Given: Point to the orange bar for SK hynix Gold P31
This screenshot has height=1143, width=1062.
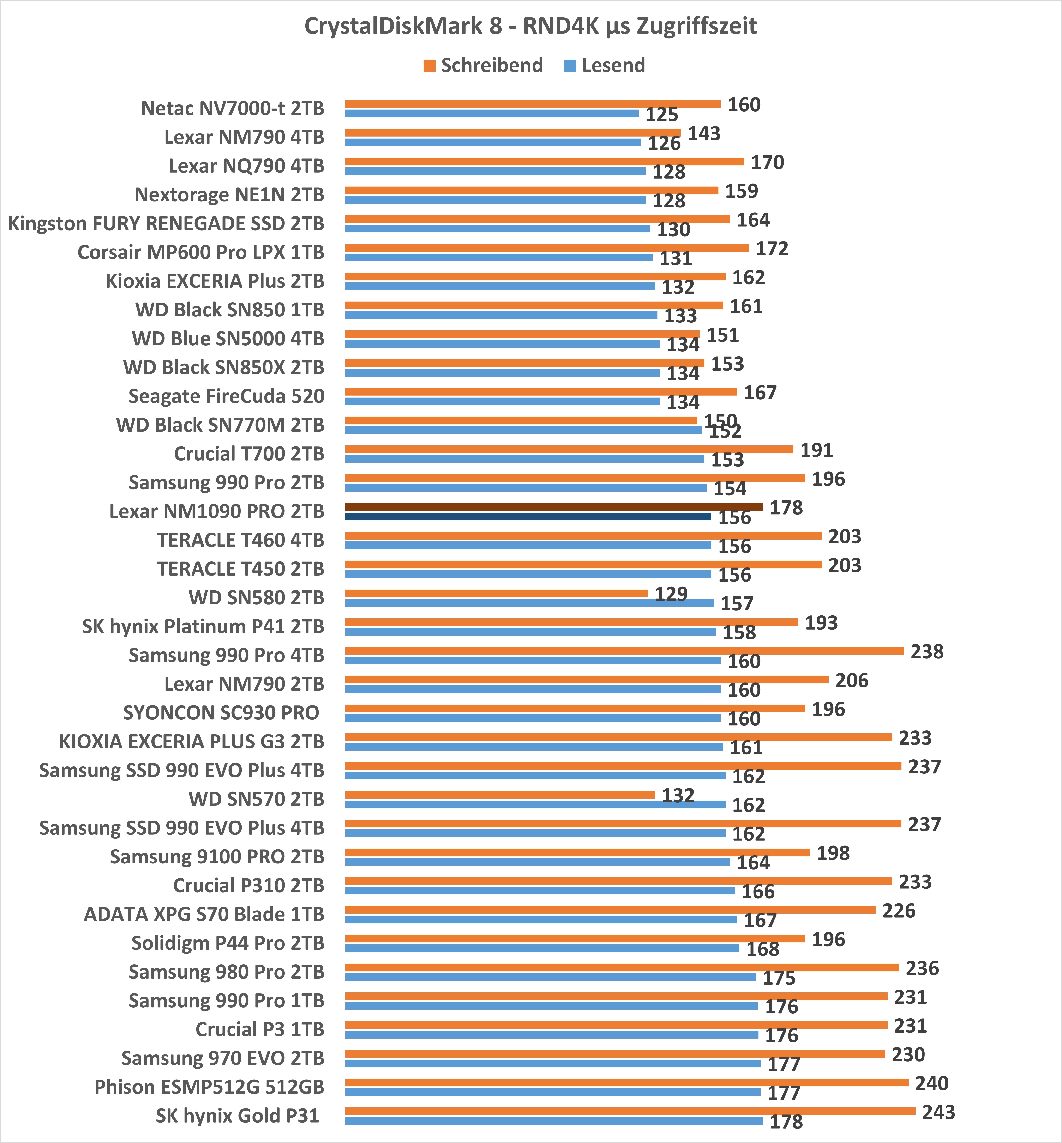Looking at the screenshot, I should point(630,1111).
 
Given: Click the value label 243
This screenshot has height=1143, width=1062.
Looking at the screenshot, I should point(938,1112).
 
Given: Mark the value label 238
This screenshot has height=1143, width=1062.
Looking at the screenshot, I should point(927,651).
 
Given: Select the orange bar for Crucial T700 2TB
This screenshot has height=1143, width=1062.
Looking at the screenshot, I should point(569,449).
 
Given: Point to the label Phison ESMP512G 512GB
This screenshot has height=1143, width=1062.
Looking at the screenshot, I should point(209,1087).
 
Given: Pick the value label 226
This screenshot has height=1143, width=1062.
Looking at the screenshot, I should point(899,911).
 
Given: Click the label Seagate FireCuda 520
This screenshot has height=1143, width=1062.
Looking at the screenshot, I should point(226,396).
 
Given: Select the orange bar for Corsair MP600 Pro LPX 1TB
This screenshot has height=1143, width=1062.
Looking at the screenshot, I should point(546,248).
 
